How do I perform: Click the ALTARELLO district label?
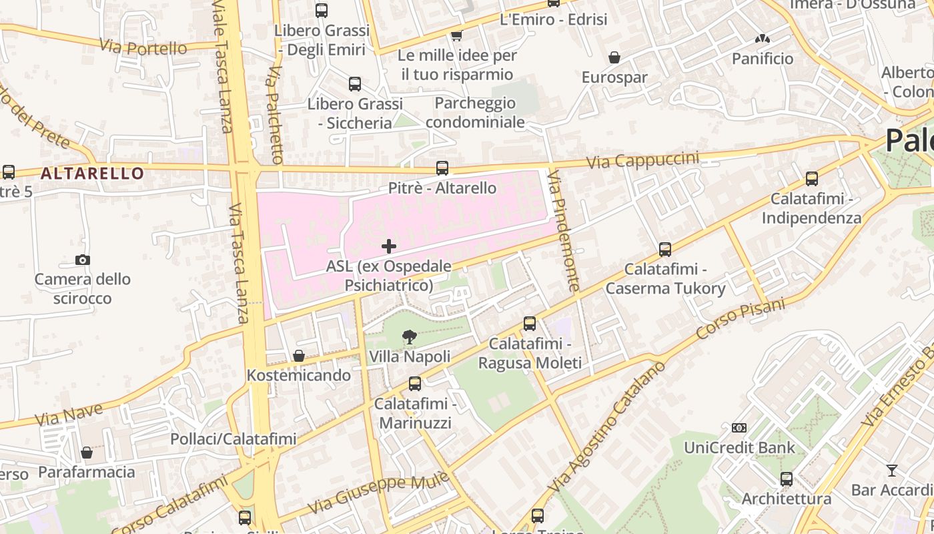[92, 174]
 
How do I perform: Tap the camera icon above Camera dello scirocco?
[83, 260]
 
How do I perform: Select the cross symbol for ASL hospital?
[389, 246]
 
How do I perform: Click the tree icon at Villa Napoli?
[410, 337]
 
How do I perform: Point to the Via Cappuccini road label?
[642, 160]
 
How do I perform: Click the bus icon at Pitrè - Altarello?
[442, 168]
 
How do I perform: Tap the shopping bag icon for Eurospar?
[614, 58]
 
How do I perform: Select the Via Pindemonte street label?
[564, 231]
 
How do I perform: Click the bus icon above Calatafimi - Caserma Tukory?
[665, 250]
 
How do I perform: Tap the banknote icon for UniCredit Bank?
[739, 428]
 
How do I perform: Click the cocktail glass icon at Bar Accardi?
[891, 471]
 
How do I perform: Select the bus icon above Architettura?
[787, 479]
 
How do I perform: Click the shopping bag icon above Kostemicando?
[299, 356]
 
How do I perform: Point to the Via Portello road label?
[143, 47]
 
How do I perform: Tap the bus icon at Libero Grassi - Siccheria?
[355, 84]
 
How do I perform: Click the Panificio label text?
[763, 59]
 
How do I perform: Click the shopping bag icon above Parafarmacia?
[87, 453]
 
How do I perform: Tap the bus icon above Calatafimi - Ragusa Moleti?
[530, 324]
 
